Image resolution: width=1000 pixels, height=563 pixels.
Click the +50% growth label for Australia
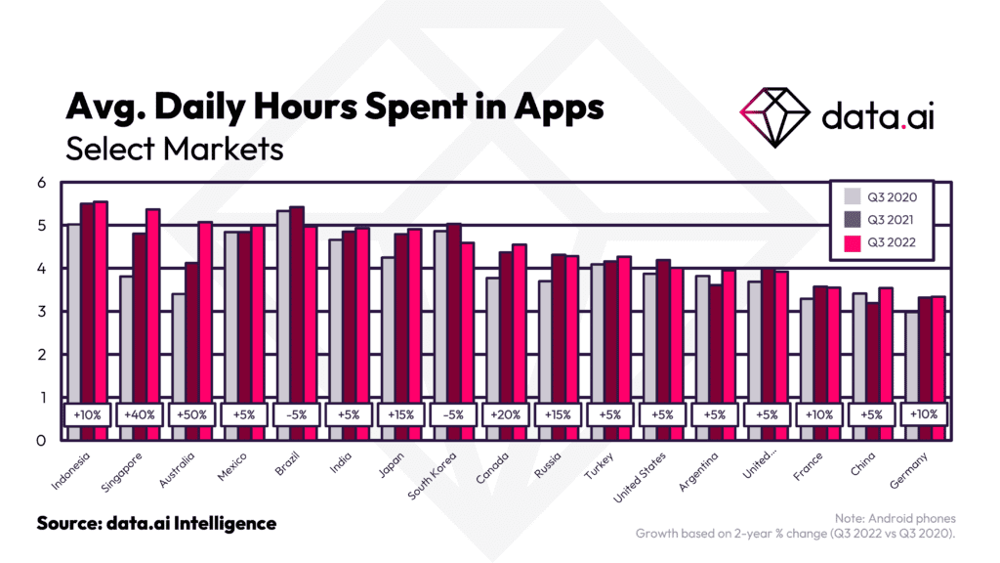pos(191,414)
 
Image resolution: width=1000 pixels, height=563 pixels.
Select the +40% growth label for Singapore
pos(139,414)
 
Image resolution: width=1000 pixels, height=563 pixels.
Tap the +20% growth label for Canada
pos(507,414)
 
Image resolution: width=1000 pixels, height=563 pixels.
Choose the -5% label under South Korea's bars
pos(454,414)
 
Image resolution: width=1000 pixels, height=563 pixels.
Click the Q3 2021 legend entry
pos(882,220)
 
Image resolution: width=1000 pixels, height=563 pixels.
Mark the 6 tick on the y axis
pos(42,183)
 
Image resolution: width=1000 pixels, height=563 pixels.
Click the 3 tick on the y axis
pos(42,312)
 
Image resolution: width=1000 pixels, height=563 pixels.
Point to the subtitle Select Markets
pos(174,150)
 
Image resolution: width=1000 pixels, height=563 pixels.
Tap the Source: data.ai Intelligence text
pos(156,524)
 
